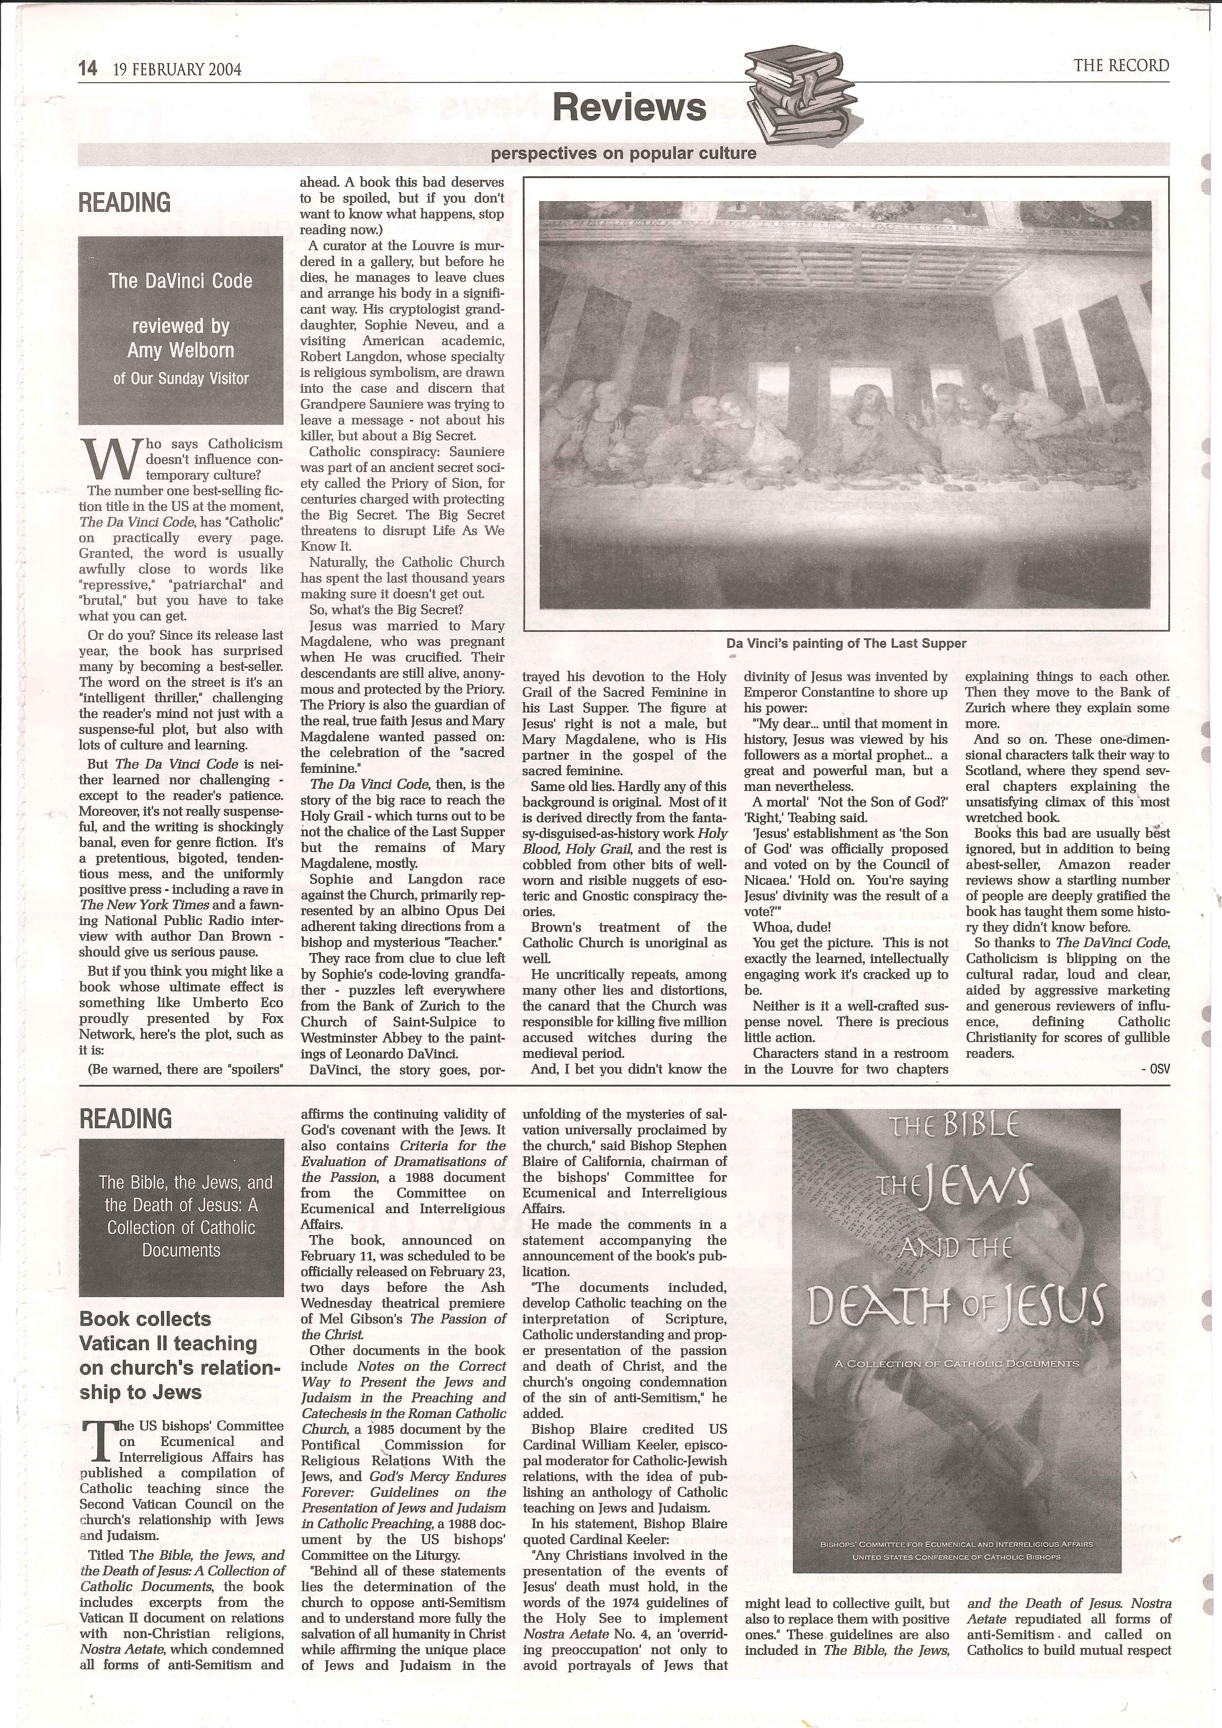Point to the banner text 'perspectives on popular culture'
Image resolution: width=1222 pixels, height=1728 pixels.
(x=623, y=154)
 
